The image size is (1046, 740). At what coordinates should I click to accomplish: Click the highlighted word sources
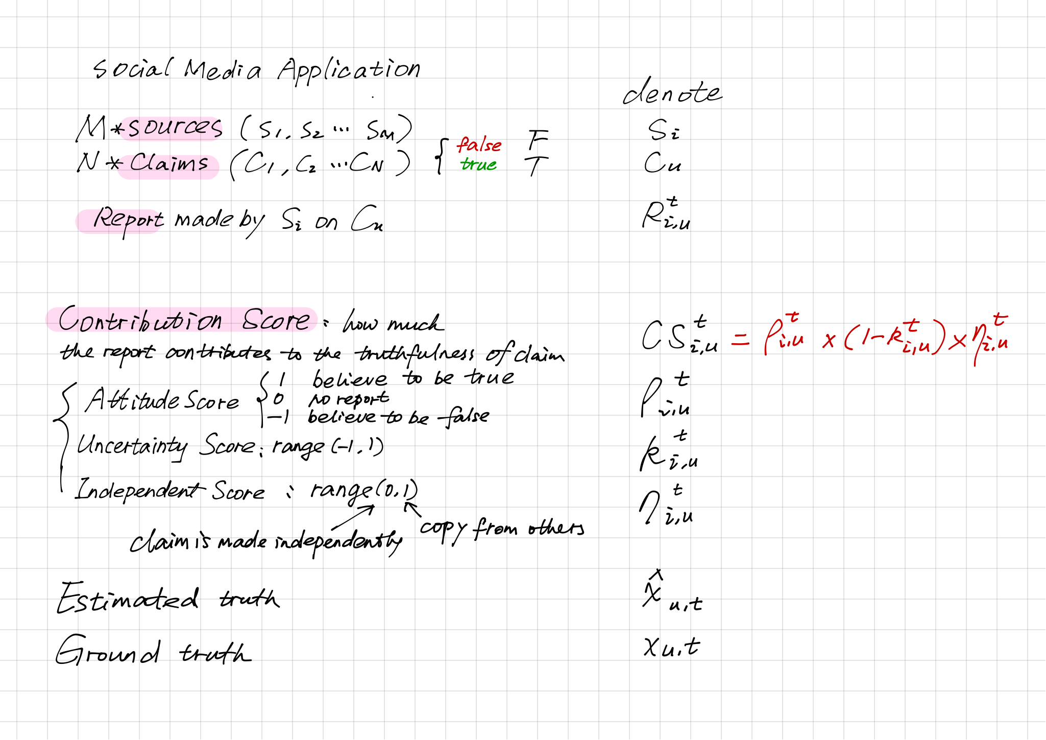[174, 128]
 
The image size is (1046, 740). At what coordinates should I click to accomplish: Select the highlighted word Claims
[169, 164]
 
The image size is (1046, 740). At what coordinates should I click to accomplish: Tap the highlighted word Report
[127, 220]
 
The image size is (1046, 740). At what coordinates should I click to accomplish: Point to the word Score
[276, 321]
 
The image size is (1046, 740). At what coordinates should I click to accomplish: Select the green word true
[478, 164]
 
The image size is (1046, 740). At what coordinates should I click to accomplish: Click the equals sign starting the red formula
[740, 341]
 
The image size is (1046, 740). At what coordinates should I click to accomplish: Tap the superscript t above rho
[793, 318]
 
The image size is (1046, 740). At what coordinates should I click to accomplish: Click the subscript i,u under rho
[792, 341]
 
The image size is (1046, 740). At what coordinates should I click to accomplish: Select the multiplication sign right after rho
[828, 341]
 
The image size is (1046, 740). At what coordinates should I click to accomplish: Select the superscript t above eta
[1000, 321]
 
